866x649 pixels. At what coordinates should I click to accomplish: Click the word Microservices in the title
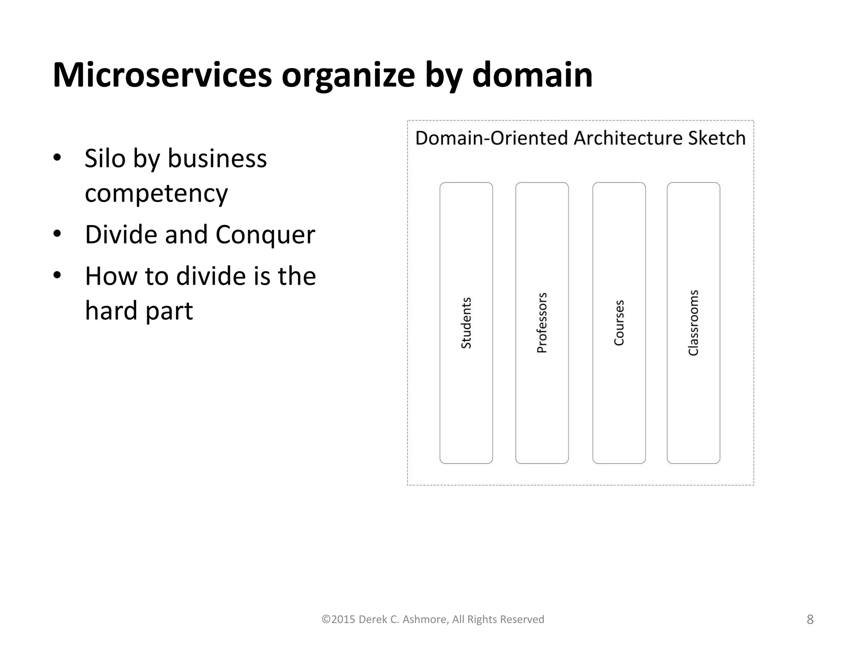pyautogui.click(x=162, y=75)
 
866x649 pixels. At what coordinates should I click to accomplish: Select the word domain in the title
pyautogui.click(x=532, y=75)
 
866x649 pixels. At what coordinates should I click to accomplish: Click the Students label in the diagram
pyautogui.click(x=466, y=323)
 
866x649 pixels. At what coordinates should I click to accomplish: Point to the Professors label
pyautogui.click(x=542, y=323)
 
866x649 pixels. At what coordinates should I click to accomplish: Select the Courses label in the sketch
pyautogui.click(x=619, y=323)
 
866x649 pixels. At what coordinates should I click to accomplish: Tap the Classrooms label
pyautogui.click(x=693, y=323)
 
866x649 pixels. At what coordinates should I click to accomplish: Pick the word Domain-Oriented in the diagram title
pyautogui.click(x=491, y=138)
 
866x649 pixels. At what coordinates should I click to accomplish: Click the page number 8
pyautogui.click(x=810, y=619)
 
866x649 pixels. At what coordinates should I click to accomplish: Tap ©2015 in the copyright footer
pyautogui.click(x=338, y=619)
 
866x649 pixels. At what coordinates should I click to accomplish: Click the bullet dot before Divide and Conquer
pyautogui.click(x=58, y=234)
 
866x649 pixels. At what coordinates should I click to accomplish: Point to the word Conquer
pyautogui.click(x=265, y=235)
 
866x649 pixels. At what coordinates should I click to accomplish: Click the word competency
pyautogui.click(x=156, y=194)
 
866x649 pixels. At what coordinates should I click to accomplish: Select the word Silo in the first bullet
pyautogui.click(x=105, y=158)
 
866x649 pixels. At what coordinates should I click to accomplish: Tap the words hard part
pyautogui.click(x=139, y=311)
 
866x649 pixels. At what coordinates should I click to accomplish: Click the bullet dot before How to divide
pyautogui.click(x=58, y=275)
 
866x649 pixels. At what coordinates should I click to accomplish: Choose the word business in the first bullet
pyautogui.click(x=217, y=158)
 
